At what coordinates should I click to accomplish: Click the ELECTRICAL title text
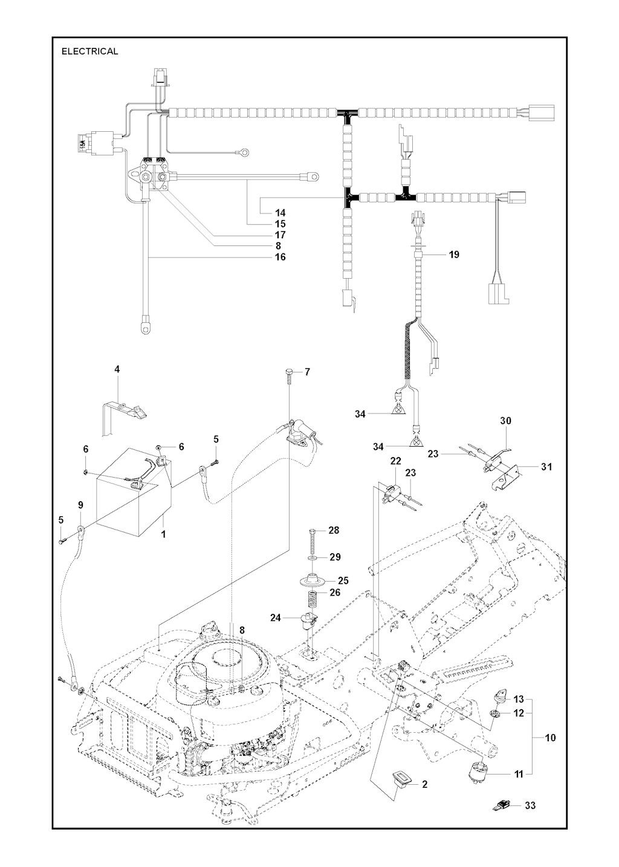click(89, 51)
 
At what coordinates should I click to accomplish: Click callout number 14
click(280, 213)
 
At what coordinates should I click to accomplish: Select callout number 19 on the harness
click(454, 255)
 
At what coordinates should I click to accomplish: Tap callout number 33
click(530, 805)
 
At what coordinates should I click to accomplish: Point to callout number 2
click(424, 784)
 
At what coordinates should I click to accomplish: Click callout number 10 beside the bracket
click(550, 738)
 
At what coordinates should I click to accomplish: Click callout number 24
click(276, 618)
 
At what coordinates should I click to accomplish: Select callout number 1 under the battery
click(163, 534)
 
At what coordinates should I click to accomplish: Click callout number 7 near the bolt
click(307, 372)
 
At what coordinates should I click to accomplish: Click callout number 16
click(280, 257)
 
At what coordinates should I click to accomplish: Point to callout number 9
click(80, 505)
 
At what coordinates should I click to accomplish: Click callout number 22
click(395, 461)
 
